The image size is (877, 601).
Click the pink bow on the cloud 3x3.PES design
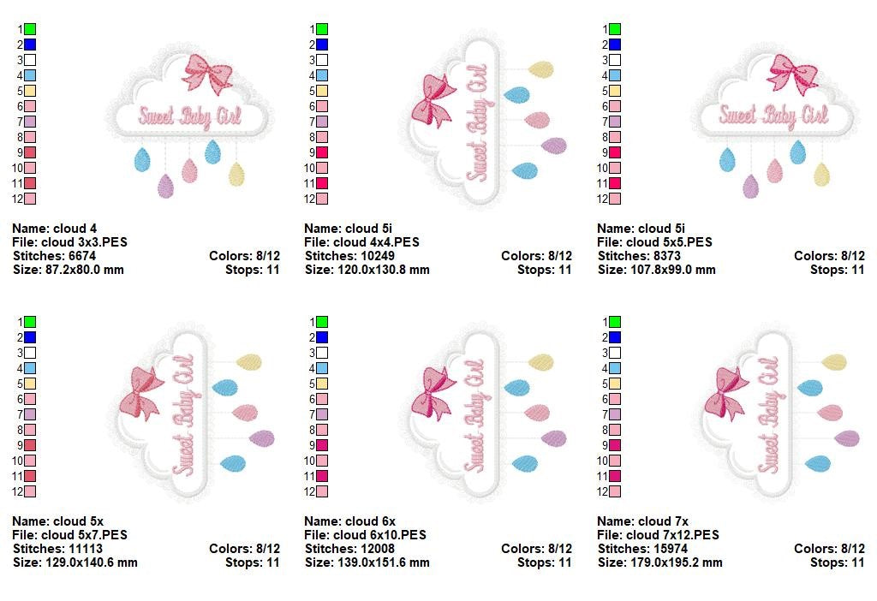206,74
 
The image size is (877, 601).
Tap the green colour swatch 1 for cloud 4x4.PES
322,29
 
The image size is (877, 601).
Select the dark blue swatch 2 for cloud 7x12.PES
615,337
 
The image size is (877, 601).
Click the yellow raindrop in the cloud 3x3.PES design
236,173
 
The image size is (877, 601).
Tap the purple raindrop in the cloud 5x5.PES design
751,186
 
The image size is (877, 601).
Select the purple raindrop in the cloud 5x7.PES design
261,438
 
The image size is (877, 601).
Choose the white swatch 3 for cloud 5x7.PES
30,353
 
